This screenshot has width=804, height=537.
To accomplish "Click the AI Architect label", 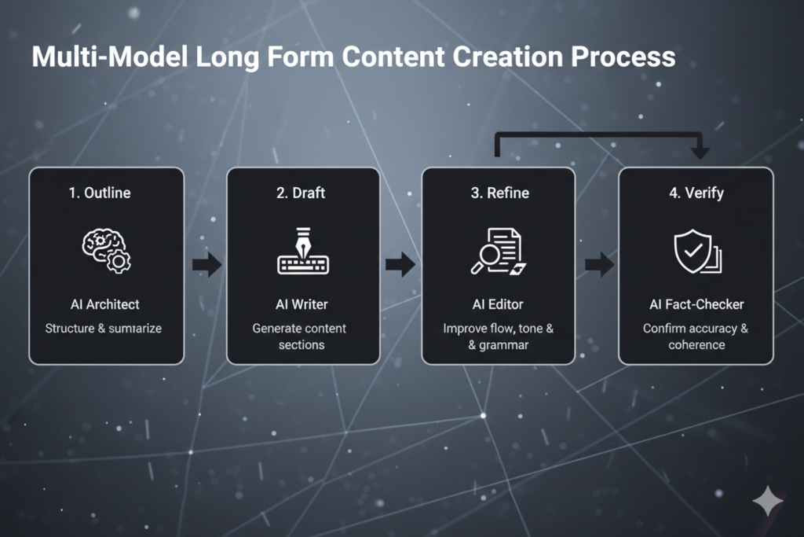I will (106, 304).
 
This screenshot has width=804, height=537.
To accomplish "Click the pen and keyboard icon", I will (303, 253).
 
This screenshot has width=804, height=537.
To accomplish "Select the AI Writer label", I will (303, 304).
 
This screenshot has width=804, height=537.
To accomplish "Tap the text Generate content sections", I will (301, 337).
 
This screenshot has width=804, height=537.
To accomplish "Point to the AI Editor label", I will (499, 304).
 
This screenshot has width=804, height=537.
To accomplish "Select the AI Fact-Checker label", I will (696, 304).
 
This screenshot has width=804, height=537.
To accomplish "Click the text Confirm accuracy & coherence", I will (696, 337).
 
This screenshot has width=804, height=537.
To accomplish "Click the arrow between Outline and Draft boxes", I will (206, 265).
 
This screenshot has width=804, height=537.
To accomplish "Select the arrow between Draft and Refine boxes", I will (400, 265).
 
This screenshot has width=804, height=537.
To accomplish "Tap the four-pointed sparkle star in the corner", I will (767, 501).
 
